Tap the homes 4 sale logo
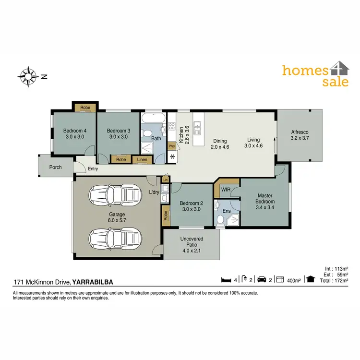(x=315, y=75)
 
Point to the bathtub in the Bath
(x=153, y=118)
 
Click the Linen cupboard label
(x=142, y=159)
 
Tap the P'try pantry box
(x=171, y=146)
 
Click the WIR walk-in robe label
(x=226, y=190)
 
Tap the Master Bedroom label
(x=265, y=199)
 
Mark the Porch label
(x=55, y=168)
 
